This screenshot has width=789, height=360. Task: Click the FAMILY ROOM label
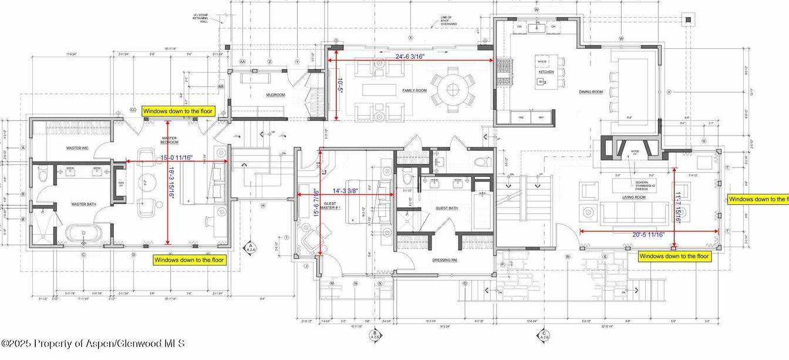414,90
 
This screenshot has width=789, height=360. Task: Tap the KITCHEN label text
546,72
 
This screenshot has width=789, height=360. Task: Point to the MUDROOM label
275,95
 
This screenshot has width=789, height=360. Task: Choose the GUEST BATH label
446,208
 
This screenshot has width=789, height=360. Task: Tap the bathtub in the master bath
84,233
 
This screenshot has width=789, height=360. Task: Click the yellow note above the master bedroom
178,111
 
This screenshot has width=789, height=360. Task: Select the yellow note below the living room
674,256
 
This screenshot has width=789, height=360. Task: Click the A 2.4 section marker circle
251,247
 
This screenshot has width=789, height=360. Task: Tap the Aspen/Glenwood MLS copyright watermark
93,343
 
